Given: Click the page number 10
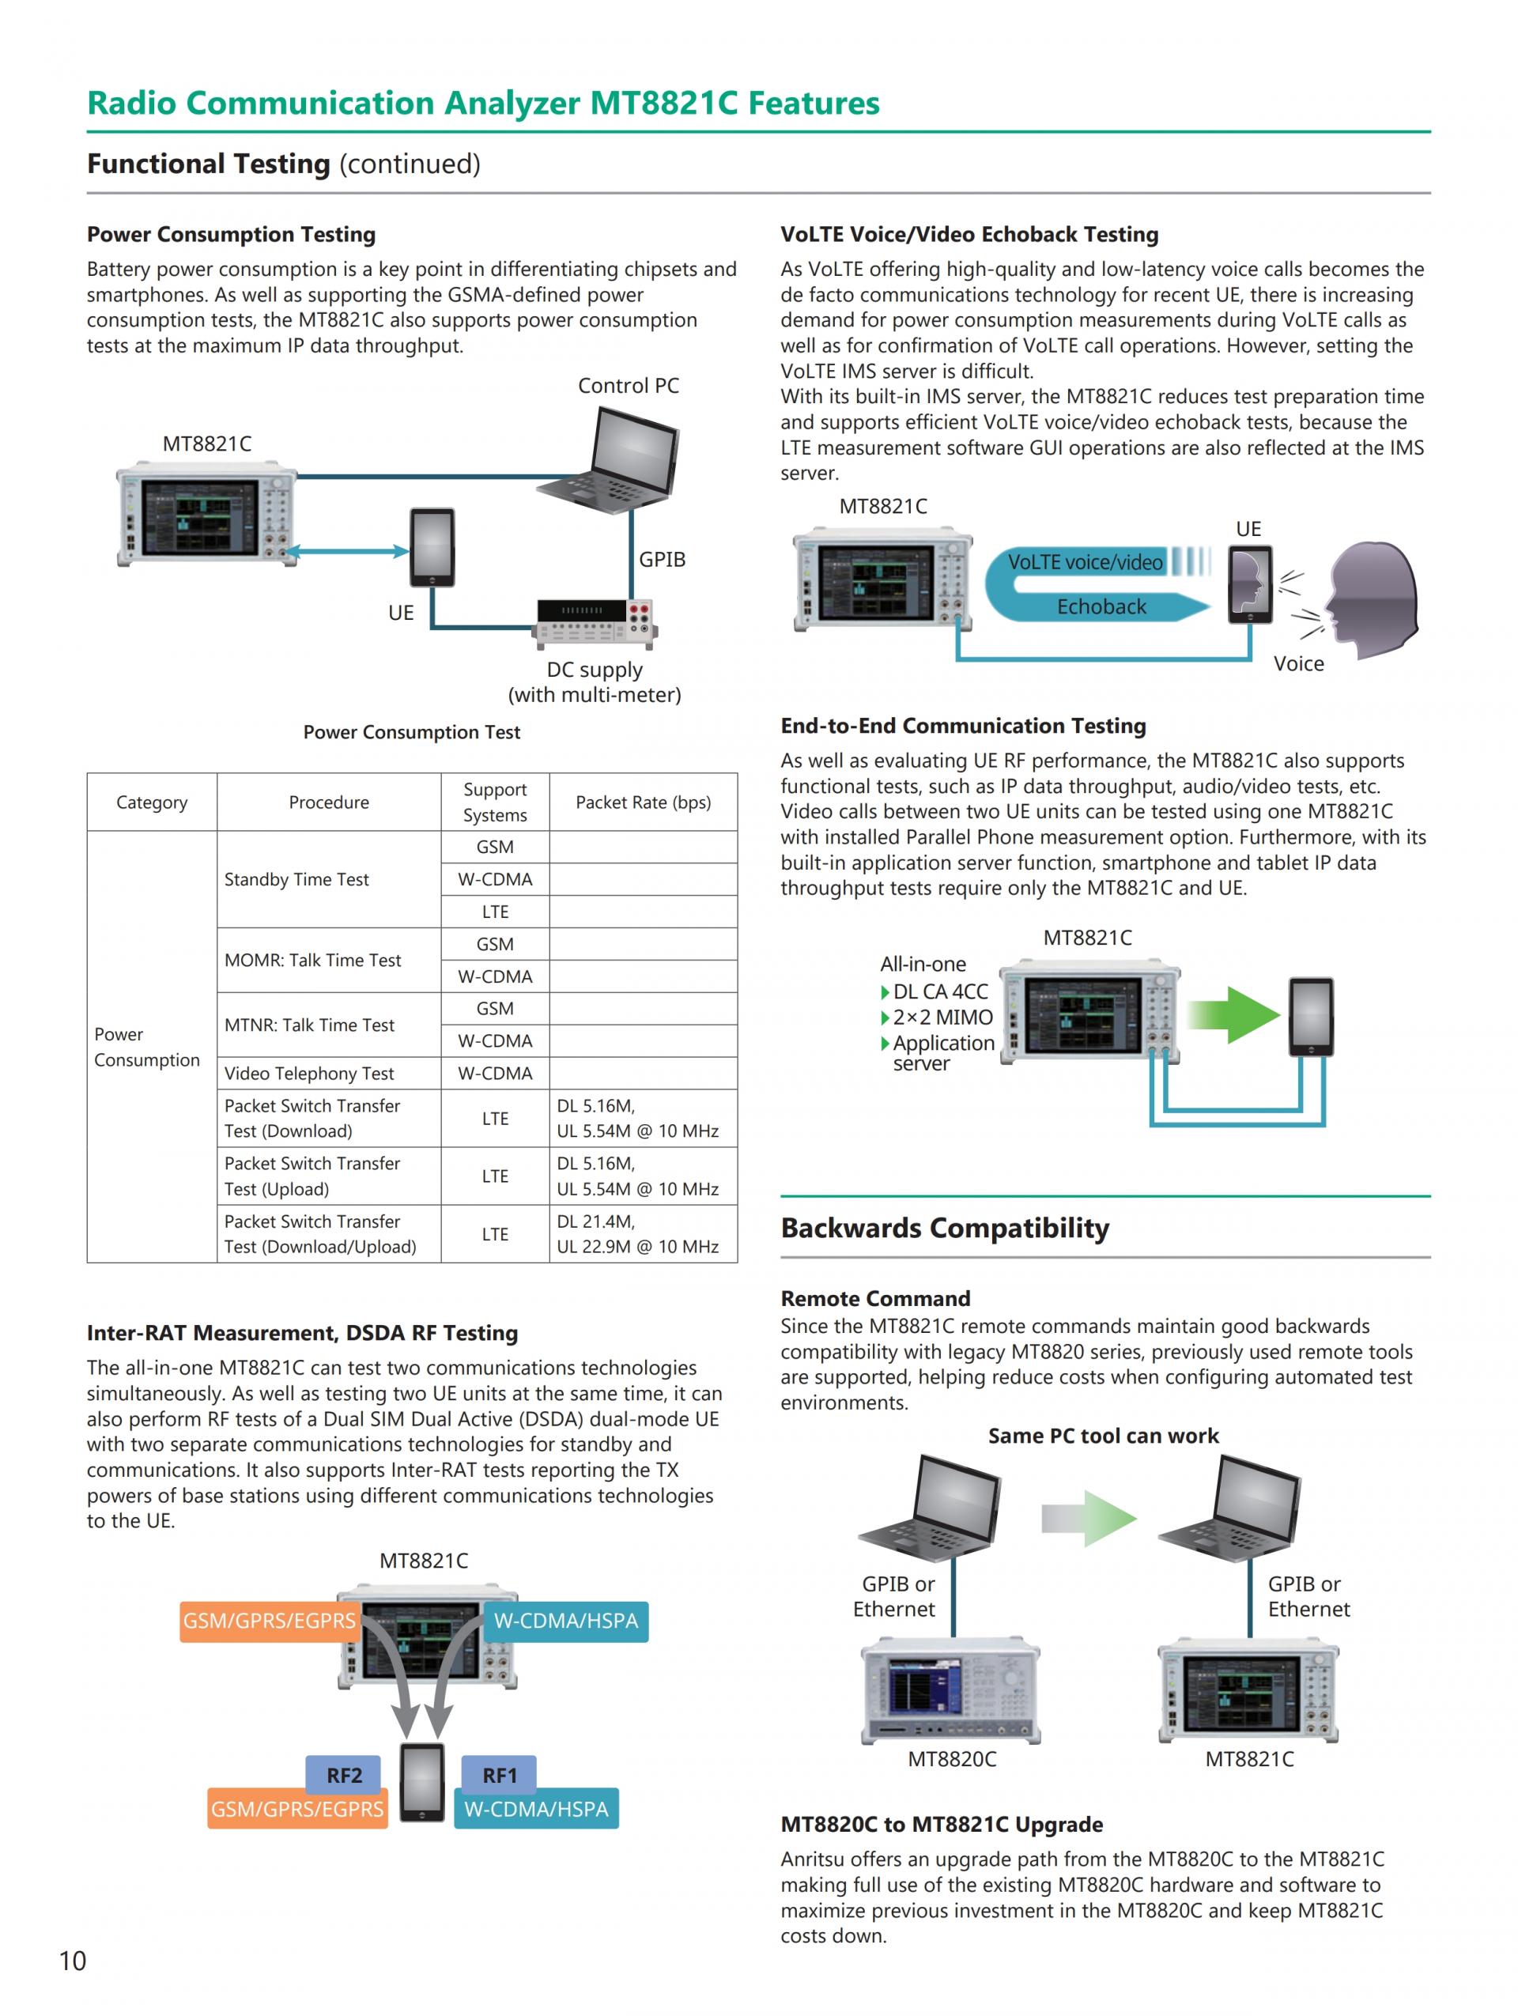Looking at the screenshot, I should click(x=73, y=1960).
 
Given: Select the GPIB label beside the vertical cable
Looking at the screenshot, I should click(x=662, y=560).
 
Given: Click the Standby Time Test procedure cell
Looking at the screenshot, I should click(x=297, y=879).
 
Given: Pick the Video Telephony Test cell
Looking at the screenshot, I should click(x=309, y=1073).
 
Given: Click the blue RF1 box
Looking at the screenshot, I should click(x=500, y=1775).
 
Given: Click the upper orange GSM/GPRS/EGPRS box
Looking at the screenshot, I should click(x=269, y=1621).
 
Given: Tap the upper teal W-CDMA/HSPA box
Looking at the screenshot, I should click(x=566, y=1621).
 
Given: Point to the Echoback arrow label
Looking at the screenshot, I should click(x=1101, y=606).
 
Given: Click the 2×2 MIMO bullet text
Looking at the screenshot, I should click(x=942, y=1017).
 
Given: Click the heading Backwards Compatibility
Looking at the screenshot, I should click(x=945, y=1228).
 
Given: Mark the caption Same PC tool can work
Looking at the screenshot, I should click(x=1102, y=1436).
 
